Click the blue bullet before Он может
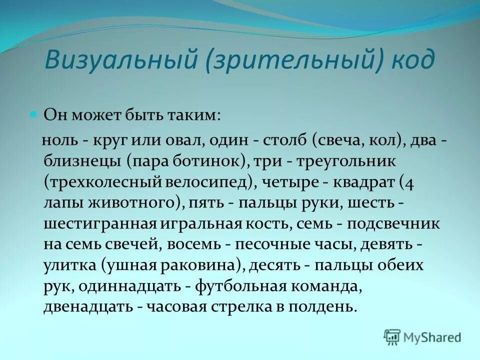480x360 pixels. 34,100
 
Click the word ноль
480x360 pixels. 60,141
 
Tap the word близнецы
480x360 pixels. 79,162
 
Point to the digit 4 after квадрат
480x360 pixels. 409,183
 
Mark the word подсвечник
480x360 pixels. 394,223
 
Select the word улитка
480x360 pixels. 69,265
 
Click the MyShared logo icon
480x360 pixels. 392,336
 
